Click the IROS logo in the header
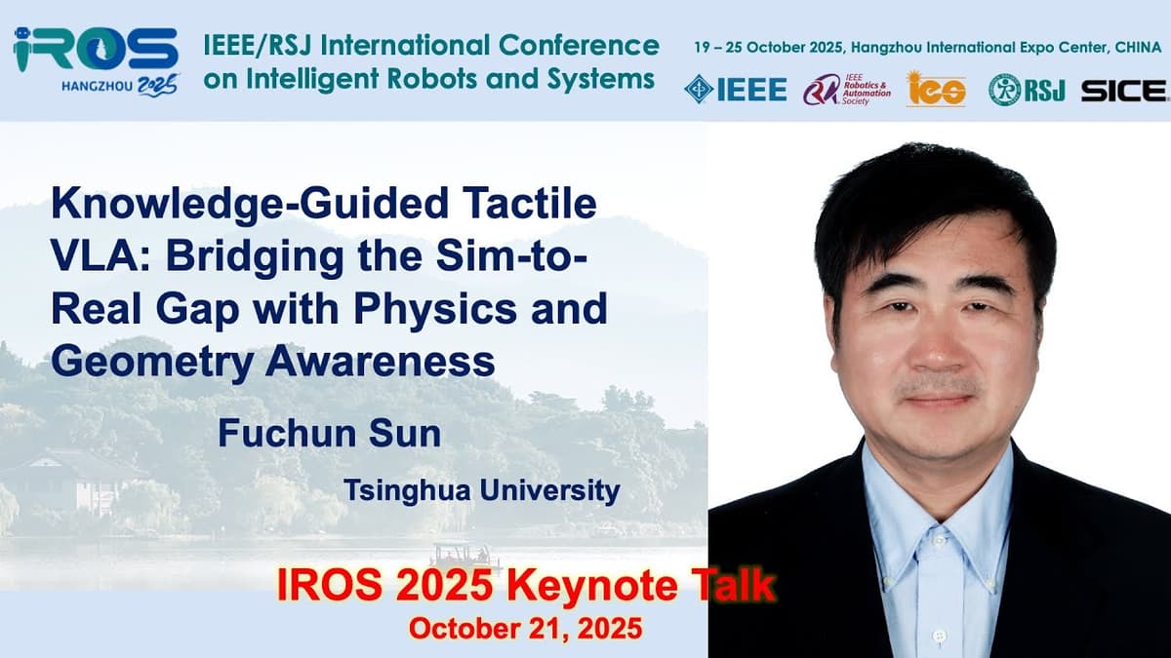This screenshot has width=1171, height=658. [x=96, y=49]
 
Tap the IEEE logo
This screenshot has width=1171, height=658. [x=736, y=89]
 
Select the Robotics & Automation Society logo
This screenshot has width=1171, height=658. [x=847, y=89]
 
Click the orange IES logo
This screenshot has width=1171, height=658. [x=936, y=90]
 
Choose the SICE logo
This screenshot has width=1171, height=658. [x=1123, y=90]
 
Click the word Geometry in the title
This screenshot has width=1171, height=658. [x=150, y=361]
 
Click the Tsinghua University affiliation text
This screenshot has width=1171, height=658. [x=481, y=489]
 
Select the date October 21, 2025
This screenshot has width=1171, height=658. [x=525, y=629]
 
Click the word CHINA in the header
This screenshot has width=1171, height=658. [x=1139, y=47]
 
